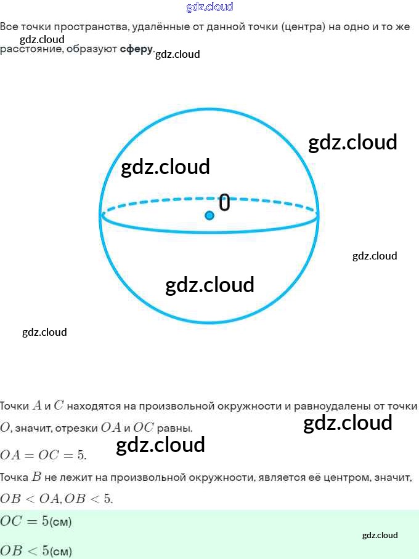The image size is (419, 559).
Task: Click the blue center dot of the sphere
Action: (x=209, y=215)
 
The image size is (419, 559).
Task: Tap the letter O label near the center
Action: (x=225, y=202)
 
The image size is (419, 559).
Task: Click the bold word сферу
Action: (x=136, y=49)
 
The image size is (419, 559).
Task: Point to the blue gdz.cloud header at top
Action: (x=209, y=7)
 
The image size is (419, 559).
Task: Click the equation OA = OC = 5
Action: (x=43, y=456)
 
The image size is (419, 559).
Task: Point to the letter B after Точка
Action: (x=36, y=477)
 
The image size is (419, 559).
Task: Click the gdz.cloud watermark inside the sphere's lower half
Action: (x=209, y=285)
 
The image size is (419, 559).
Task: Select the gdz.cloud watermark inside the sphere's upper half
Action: (x=165, y=167)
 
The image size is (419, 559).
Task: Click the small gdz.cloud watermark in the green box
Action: (x=380, y=535)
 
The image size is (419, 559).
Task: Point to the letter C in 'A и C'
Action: (x=59, y=406)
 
